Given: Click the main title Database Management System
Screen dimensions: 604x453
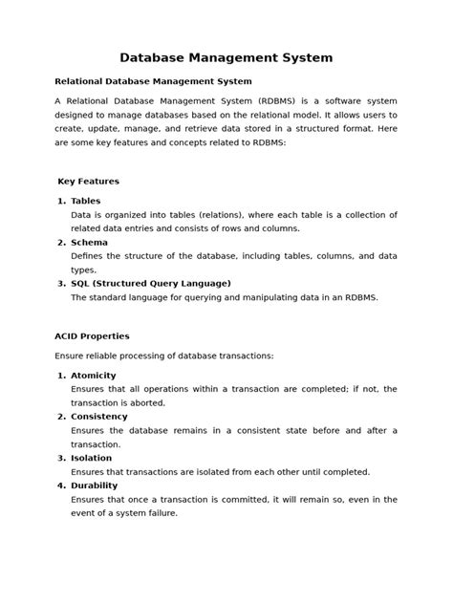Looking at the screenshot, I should [x=226, y=58].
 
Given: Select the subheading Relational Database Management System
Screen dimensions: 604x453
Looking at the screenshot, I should [x=153, y=81].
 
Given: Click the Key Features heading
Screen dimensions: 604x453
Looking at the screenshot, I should [x=88, y=181].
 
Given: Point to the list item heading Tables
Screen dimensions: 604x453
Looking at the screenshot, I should [x=85, y=202].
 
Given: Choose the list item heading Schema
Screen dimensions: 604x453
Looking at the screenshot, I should [x=89, y=243].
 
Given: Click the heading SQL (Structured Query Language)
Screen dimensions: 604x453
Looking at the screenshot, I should [x=151, y=284].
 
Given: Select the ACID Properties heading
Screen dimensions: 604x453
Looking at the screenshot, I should [x=92, y=336].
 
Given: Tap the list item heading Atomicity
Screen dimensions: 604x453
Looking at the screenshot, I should [x=94, y=376].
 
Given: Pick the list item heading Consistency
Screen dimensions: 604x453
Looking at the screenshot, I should [x=99, y=417].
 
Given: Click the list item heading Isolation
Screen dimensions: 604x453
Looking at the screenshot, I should [x=92, y=458].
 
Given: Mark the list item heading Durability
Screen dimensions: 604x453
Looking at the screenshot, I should [x=95, y=485].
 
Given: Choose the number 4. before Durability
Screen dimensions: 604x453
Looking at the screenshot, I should [x=61, y=485].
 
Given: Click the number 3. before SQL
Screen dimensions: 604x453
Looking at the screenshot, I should [x=61, y=284].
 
